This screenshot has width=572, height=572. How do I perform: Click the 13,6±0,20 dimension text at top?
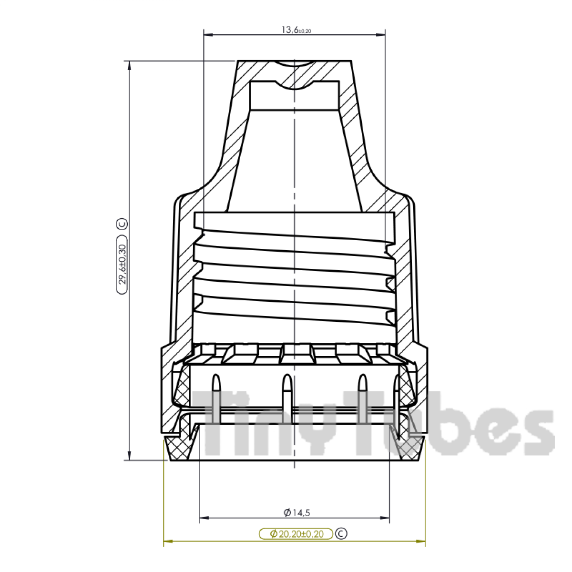tap(296, 30)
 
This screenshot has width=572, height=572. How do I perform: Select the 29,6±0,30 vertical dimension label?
tap(123, 265)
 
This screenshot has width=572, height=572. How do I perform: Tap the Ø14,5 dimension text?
tap(296, 513)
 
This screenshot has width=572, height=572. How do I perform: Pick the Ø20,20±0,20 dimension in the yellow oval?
tap(296, 534)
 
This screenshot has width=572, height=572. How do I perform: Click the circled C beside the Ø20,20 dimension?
tap(341, 533)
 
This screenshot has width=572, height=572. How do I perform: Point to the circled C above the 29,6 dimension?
tap(123, 224)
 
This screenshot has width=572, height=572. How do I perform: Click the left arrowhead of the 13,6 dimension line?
tap(208, 34)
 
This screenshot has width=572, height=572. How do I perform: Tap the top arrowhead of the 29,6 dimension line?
tap(129, 65)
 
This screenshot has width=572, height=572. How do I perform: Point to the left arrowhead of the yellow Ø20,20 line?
tap(168, 541)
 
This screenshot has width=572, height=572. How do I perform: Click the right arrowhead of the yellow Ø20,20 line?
tap(421, 541)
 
